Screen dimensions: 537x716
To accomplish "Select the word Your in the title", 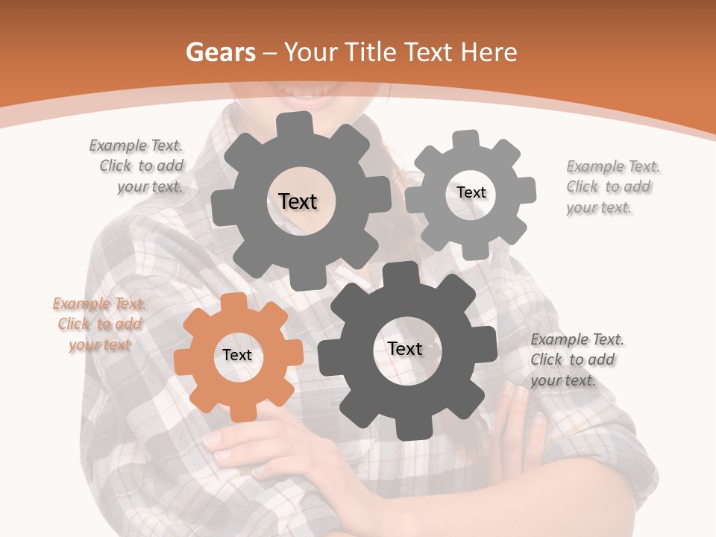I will (311, 52).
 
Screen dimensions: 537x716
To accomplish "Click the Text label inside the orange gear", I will (237, 356).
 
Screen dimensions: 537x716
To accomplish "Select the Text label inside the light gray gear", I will (471, 192).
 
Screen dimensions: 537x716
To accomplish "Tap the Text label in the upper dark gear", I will (298, 201).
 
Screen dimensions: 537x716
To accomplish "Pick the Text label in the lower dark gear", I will (405, 348).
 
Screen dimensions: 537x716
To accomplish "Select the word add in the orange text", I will (128, 324).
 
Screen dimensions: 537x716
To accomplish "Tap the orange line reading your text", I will (99, 345).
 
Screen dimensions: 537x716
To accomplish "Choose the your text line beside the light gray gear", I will (598, 207).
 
